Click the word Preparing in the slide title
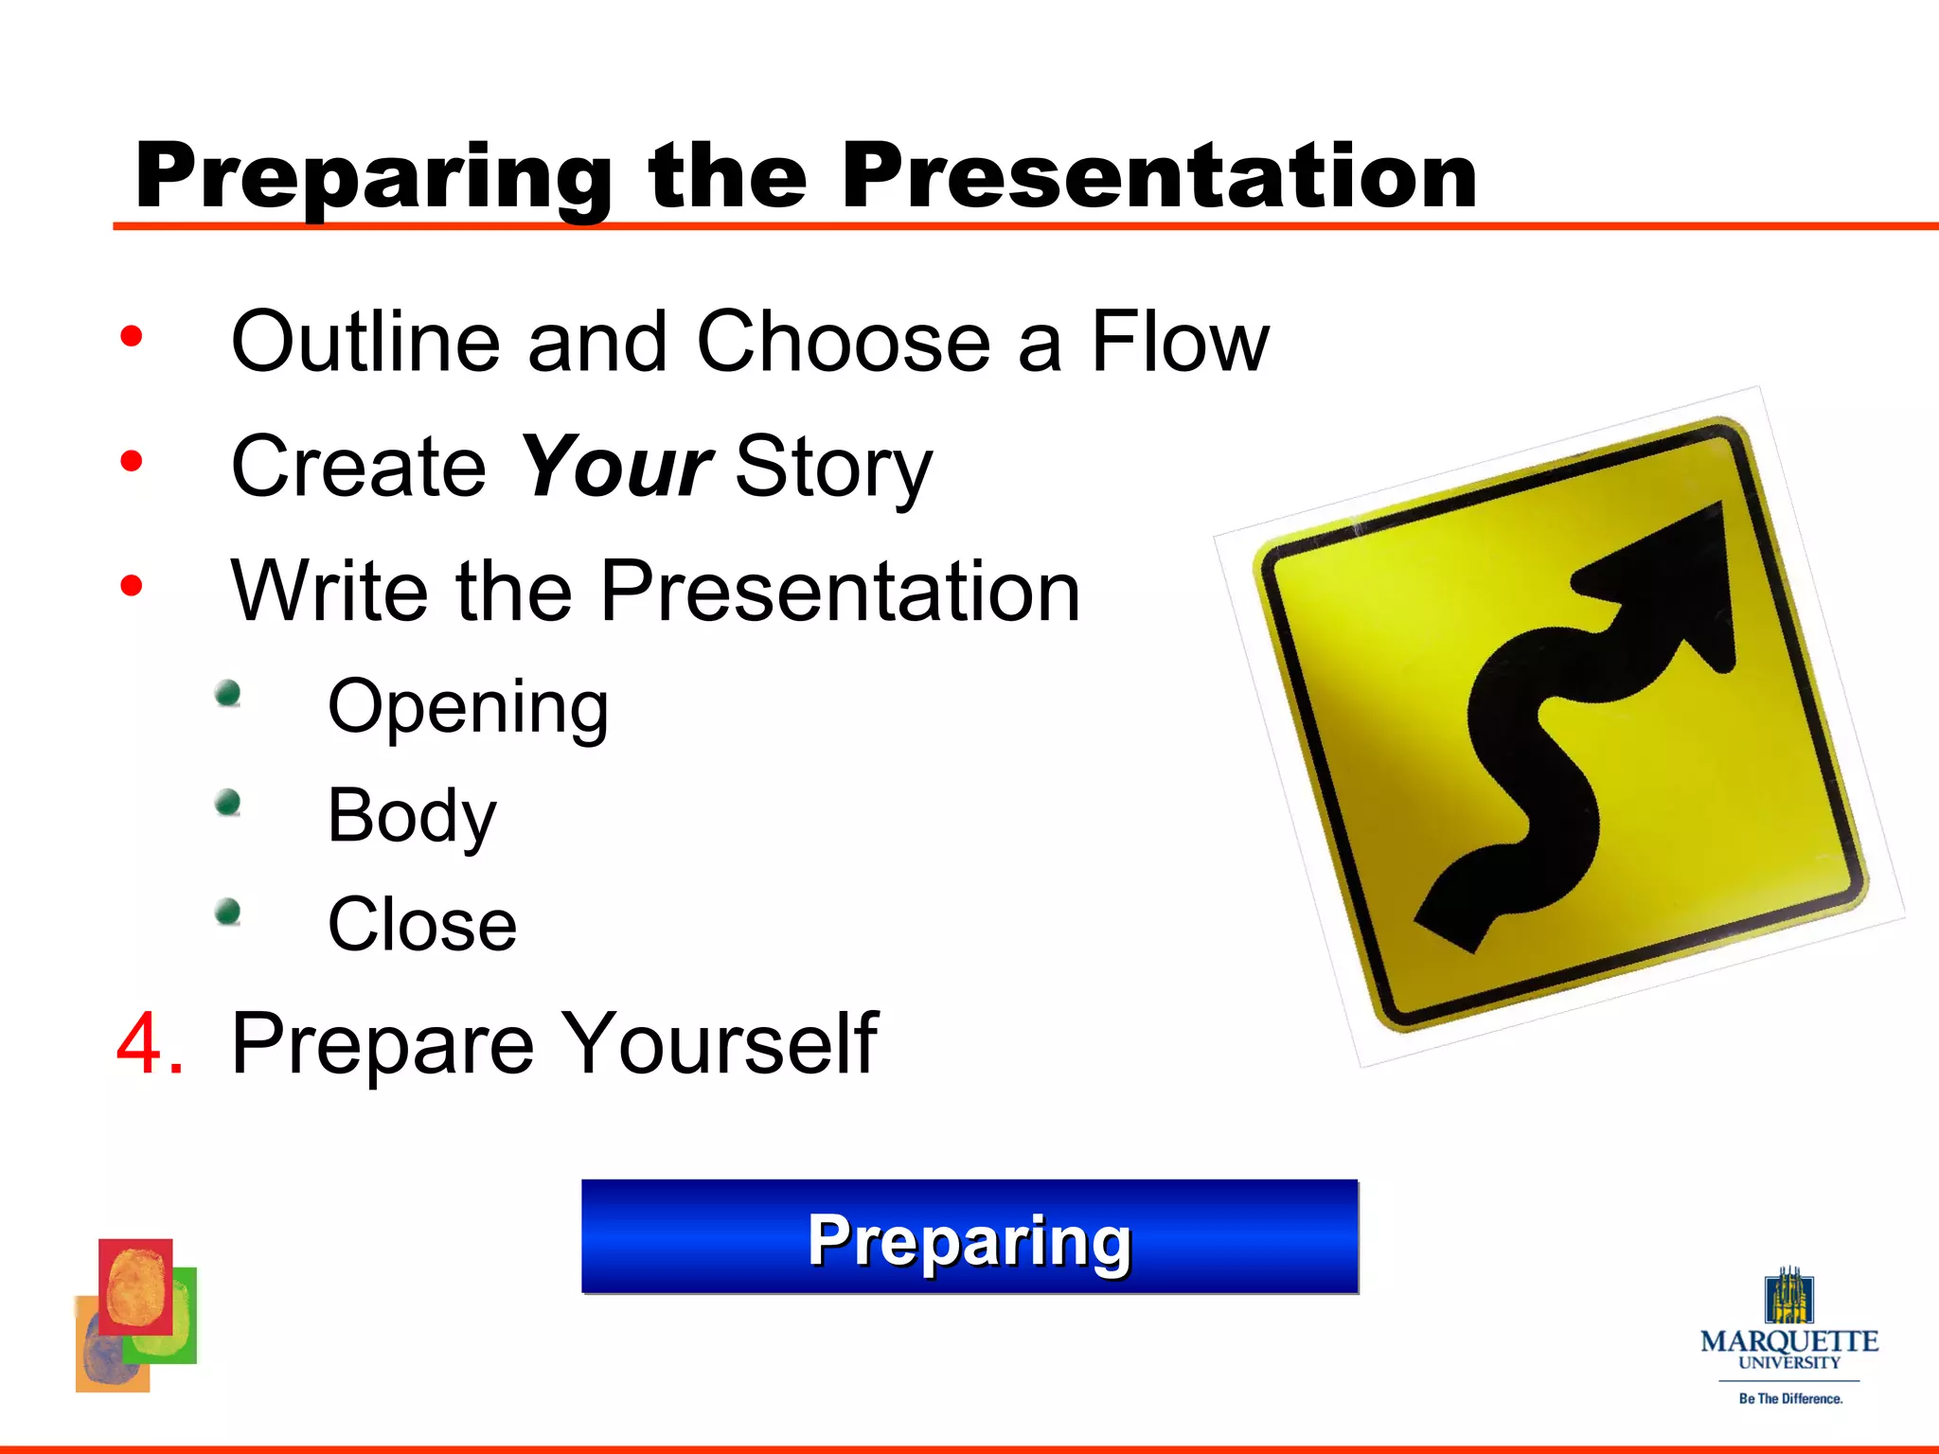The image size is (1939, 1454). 374,178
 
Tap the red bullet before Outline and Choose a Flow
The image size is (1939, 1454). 132,337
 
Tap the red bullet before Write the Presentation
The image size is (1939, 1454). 132,586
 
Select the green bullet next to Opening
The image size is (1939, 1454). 227,694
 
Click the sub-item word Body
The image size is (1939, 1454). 411,816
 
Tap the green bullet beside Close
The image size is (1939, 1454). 227,913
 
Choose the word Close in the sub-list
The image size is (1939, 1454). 422,925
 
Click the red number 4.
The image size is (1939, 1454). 149,1043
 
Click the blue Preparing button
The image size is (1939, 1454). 969,1237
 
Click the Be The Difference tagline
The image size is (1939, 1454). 1789,1398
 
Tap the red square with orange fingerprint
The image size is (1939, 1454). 135,1286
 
